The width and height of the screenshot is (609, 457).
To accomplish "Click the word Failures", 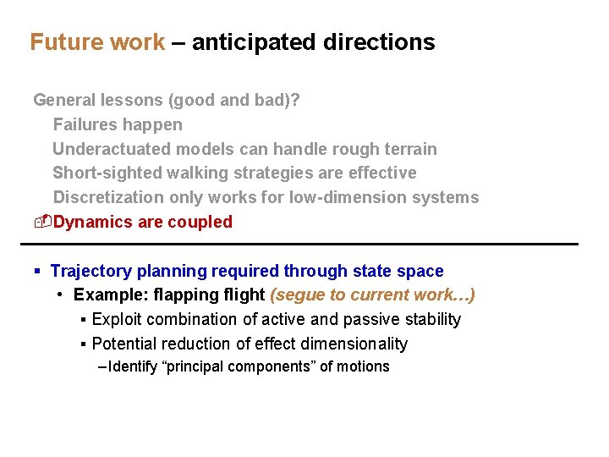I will (85, 124).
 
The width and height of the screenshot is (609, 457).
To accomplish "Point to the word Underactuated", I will (112, 149).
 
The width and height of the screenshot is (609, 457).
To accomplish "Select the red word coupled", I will (200, 222).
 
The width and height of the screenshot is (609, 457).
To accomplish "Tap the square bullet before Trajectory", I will (38, 272).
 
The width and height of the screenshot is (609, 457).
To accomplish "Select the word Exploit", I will (117, 319).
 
